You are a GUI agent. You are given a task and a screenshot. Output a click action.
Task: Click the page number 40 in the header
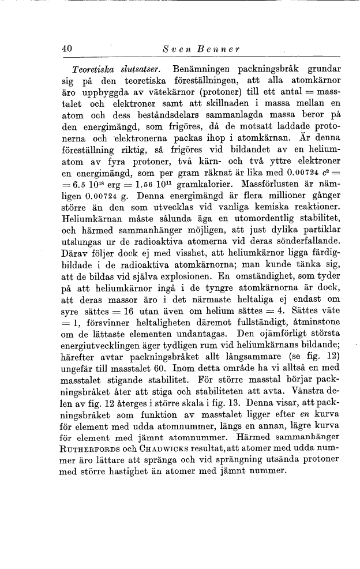[x=67, y=51]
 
